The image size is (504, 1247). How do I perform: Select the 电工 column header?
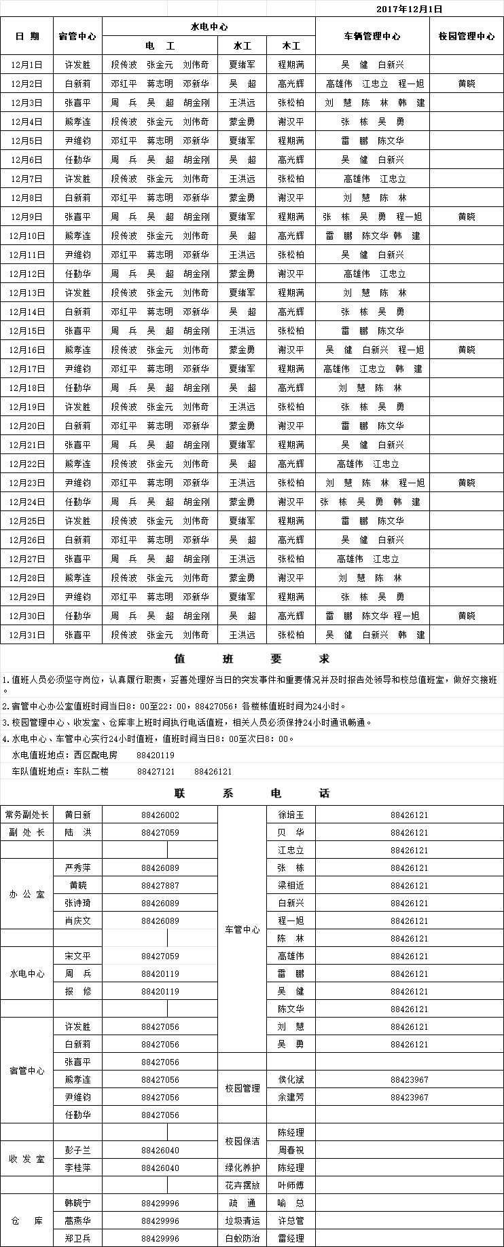click(160, 45)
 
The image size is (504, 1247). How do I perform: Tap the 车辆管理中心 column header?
click(372, 36)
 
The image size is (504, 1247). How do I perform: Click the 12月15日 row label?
click(27, 331)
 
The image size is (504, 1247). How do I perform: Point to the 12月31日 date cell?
click(27, 635)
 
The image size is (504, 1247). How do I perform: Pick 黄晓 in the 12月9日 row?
click(467, 217)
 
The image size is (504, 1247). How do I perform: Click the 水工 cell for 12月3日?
click(242, 103)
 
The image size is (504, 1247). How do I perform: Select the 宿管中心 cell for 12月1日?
click(77, 64)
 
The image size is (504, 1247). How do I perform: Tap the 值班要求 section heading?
click(252, 658)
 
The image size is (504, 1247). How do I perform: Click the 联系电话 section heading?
click(252, 793)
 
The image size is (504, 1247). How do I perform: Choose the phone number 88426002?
click(160, 815)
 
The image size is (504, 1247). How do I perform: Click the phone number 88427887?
click(160, 885)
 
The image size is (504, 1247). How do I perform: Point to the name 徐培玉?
click(291, 815)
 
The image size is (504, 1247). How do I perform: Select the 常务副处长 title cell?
click(27, 815)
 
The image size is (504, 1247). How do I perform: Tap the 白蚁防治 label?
click(242, 1238)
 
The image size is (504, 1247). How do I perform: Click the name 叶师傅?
click(291, 1185)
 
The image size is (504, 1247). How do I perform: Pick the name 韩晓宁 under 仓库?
click(77, 1203)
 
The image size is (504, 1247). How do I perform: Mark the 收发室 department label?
click(27, 1159)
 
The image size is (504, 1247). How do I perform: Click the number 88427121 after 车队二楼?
click(156, 772)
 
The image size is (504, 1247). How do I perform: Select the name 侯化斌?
click(291, 1079)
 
